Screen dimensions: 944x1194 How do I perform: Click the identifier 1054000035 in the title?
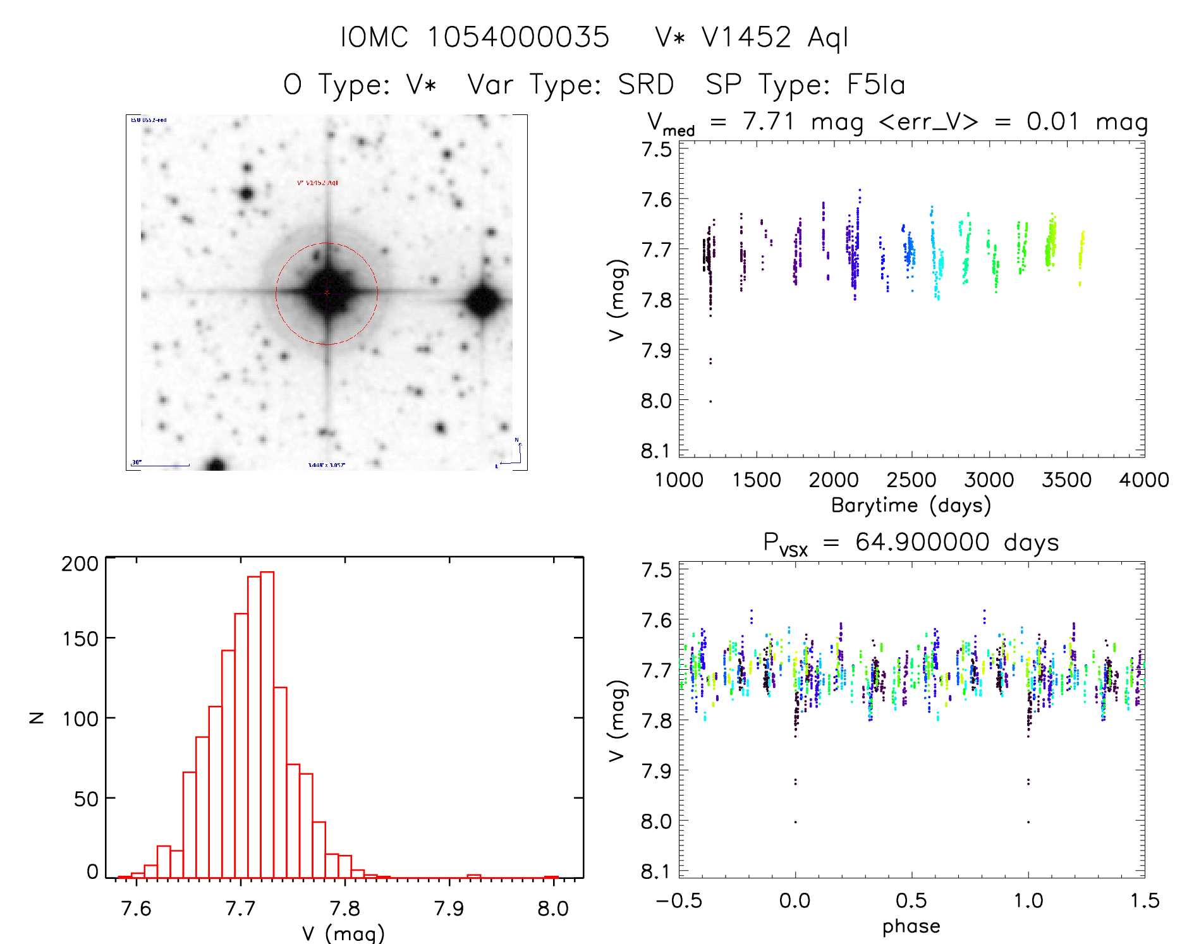point(518,37)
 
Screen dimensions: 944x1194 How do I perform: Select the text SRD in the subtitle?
point(645,85)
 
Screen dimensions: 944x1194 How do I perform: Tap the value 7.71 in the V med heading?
point(768,121)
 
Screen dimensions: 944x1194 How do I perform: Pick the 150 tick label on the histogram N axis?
point(80,638)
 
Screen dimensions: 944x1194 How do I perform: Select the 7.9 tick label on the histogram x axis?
point(449,909)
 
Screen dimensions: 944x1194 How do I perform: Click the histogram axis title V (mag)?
point(343,933)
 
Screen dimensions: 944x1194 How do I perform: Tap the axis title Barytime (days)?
point(911,505)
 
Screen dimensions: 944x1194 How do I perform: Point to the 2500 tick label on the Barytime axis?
point(911,480)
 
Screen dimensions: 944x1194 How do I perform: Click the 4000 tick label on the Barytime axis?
point(1143,480)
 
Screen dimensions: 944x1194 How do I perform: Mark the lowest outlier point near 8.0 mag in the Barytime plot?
point(710,401)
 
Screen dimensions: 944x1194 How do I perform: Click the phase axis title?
point(911,926)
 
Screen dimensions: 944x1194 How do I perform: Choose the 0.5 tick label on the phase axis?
point(911,900)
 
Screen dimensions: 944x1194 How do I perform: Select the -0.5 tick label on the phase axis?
point(679,900)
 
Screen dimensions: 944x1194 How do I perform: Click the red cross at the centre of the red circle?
point(327,293)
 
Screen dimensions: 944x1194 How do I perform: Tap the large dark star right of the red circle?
point(484,301)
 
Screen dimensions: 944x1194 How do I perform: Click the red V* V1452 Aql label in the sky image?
point(317,183)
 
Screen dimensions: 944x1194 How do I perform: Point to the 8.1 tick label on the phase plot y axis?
point(655,872)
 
